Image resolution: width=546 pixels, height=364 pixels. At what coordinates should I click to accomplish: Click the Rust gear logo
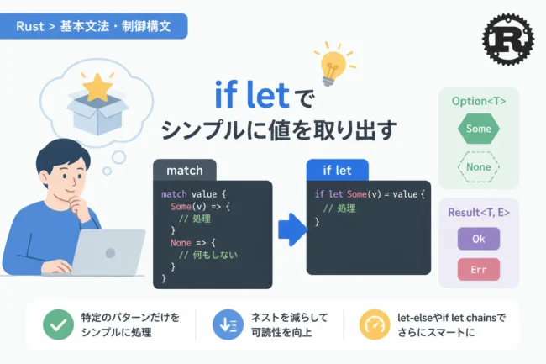(508, 40)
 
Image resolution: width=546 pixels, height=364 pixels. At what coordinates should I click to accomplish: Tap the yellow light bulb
(333, 66)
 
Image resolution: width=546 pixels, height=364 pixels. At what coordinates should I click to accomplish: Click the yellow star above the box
(97, 87)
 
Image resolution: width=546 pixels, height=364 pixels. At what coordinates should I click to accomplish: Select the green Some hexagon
(479, 129)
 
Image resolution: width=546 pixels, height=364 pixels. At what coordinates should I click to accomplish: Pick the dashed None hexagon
(479, 166)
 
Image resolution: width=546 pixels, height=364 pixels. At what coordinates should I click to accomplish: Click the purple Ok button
(479, 239)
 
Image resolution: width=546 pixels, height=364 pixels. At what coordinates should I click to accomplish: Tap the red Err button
(479, 269)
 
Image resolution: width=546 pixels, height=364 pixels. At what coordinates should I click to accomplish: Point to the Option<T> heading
(479, 101)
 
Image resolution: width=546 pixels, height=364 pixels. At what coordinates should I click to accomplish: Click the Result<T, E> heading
(479, 213)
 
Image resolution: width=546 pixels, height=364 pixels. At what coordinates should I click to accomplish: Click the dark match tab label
(185, 171)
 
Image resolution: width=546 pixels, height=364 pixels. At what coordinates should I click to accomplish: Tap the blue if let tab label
(337, 171)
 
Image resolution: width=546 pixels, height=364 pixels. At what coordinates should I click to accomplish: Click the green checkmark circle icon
(58, 324)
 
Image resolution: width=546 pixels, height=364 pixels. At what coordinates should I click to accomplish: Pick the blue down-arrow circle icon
(228, 324)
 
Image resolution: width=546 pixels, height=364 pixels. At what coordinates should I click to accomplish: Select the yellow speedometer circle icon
(375, 324)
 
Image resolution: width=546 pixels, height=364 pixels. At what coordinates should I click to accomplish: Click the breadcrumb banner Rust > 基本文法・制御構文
(93, 26)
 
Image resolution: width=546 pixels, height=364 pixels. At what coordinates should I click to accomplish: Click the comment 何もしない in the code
(215, 255)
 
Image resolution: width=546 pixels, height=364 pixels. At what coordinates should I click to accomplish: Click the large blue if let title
(252, 94)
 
